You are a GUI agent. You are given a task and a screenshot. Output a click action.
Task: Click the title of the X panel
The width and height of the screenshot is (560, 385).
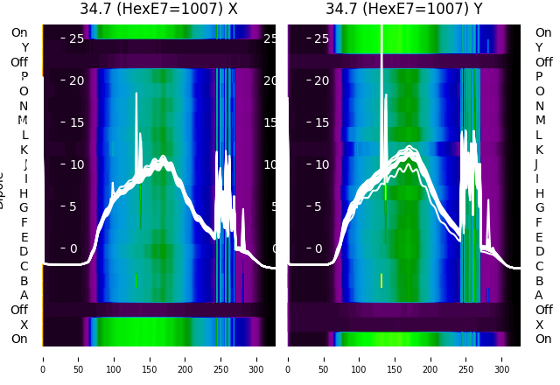click(158, 10)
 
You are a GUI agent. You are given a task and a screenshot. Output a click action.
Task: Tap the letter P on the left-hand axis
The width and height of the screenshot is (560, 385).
click(24, 77)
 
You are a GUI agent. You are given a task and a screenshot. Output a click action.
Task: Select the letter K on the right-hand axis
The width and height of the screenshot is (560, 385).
click(539, 150)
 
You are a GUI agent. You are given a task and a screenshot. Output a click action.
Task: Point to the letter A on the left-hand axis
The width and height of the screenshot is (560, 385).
click(24, 296)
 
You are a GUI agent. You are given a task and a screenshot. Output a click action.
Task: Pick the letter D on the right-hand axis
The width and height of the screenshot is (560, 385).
click(539, 252)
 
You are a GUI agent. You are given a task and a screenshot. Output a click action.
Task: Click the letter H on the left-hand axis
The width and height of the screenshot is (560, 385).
click(24, 193)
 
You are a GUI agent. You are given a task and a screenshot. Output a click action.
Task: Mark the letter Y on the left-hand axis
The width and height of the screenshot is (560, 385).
click(24, 47)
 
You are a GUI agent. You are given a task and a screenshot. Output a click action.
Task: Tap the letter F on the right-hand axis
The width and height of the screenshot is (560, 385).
click(539, 222)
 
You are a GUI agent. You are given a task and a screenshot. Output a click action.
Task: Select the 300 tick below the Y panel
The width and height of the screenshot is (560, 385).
click(503, 358)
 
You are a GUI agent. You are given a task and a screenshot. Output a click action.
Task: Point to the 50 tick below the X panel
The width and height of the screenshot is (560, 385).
click(79, 358)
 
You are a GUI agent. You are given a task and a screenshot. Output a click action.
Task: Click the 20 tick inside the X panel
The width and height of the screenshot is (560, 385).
click(75, 80)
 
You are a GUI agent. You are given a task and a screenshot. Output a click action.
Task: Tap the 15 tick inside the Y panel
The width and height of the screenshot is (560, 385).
click(321, 122)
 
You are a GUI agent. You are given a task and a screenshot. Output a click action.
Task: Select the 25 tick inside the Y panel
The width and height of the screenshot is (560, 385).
click(321, 38)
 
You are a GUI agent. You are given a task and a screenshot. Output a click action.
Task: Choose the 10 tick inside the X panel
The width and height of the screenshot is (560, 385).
click(75, 164)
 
